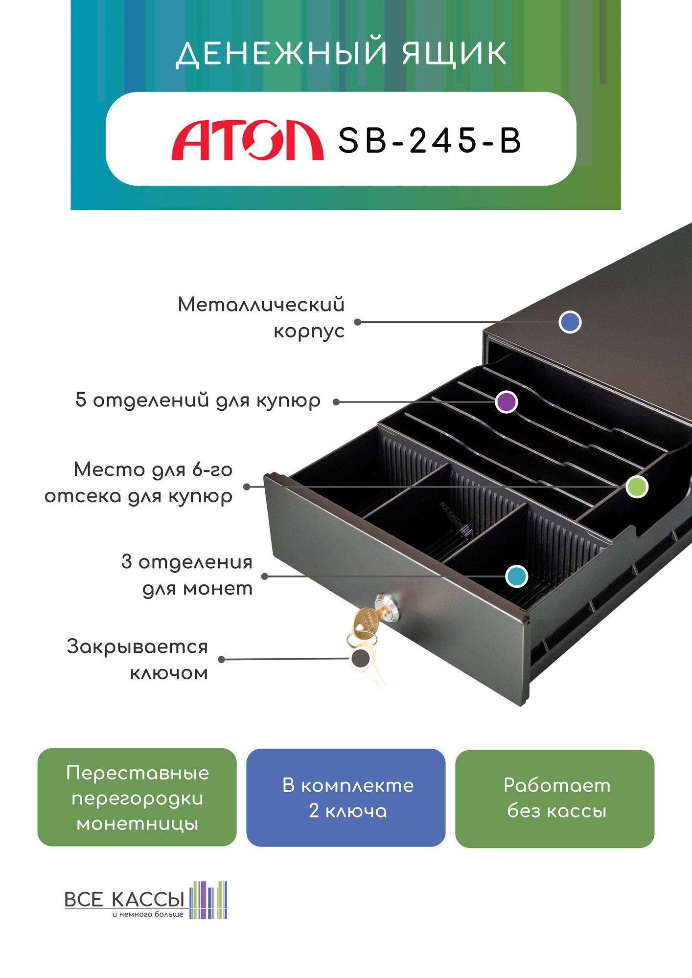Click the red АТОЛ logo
tap(247, 140)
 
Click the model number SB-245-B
tap(429, 141)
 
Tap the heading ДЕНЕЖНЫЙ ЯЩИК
tap(342, 53)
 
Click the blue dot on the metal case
tap(570, 322)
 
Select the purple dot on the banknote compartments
tap(506, 402)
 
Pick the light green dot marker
tap(637, 487)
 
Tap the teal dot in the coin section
tap(516, 576)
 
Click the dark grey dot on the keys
tap(361, 658)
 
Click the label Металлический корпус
tap(261, 317)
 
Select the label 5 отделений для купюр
tap(198, 400)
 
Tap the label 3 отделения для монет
tap(187, 575)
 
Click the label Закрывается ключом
tap(138, 659)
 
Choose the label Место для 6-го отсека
tap(138, 483)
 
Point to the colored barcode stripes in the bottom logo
tap(208, 900)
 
